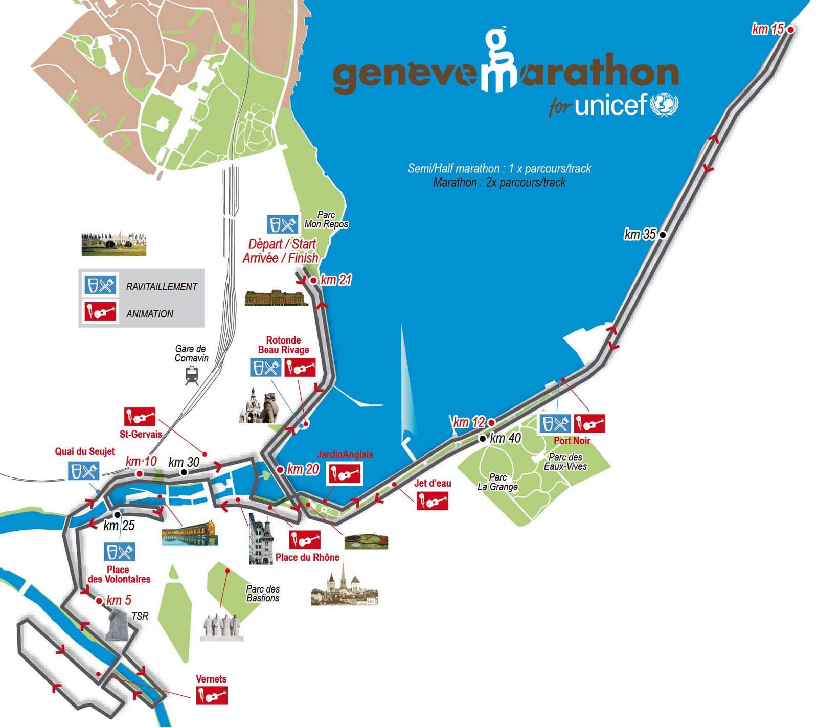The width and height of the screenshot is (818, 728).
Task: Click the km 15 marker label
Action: click(x=767, y=29)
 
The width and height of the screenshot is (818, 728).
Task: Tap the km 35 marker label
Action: click(x=640, y=234)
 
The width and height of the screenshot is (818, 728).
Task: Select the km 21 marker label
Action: click(x=336, y=280)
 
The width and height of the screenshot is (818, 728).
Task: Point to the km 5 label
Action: click(x=119, y=600)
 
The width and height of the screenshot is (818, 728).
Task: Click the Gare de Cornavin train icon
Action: click(x=192, y=375)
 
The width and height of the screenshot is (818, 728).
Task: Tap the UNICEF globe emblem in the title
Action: click(x=664, y=104)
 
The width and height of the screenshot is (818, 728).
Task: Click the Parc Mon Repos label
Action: click(x=326, y=219)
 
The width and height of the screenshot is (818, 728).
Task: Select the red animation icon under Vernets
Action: click(x=212, y=695)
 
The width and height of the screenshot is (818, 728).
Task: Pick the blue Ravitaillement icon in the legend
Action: click(x=100, y=285)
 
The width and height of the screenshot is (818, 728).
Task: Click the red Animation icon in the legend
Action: click(x=100, y=311)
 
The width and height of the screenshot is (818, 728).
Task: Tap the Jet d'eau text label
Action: click(x=433, y=483)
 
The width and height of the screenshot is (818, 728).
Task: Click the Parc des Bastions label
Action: click(x=263, y=593)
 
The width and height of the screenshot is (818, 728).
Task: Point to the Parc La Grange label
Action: click(x=497, y=482)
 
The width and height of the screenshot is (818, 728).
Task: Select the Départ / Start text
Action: click(x=282, y=244)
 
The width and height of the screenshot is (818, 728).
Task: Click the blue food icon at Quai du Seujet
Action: click(x=83, y=471)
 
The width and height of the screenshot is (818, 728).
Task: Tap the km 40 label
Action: click(x=505, y=438)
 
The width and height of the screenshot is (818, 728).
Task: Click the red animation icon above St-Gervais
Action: click(x=140, y=417)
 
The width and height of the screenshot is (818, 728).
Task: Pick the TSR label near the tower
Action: click(x=140, y=616)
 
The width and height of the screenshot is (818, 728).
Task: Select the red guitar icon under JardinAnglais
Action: click(x=345, y=474)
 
